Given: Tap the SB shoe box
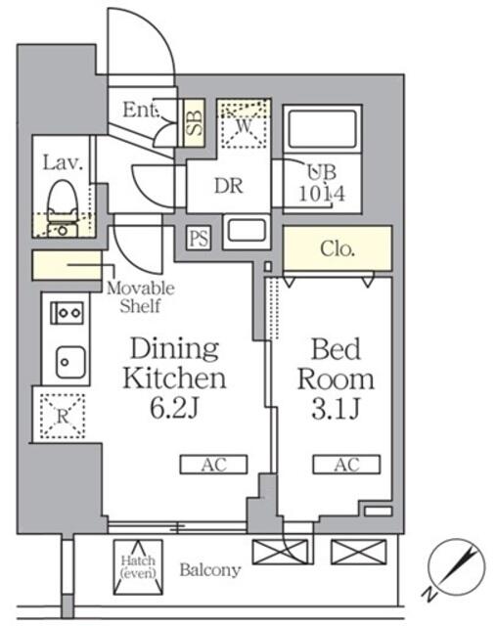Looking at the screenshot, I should click(193, 123).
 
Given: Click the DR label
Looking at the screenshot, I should click(229, 185).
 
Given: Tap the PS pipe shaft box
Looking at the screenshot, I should click(199, 238).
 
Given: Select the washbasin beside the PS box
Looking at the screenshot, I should click(245, 233).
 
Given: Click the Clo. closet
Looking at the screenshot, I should click(338, 248).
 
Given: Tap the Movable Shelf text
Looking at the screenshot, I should click(140, 297).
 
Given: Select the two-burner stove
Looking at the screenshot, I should click(66, 314).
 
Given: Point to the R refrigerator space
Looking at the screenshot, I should click(61, 414).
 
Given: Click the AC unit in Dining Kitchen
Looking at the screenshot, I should click(213, 465).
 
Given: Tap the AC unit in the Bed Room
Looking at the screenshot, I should click(346, 465).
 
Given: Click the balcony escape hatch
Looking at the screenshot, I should click(137, 565).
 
